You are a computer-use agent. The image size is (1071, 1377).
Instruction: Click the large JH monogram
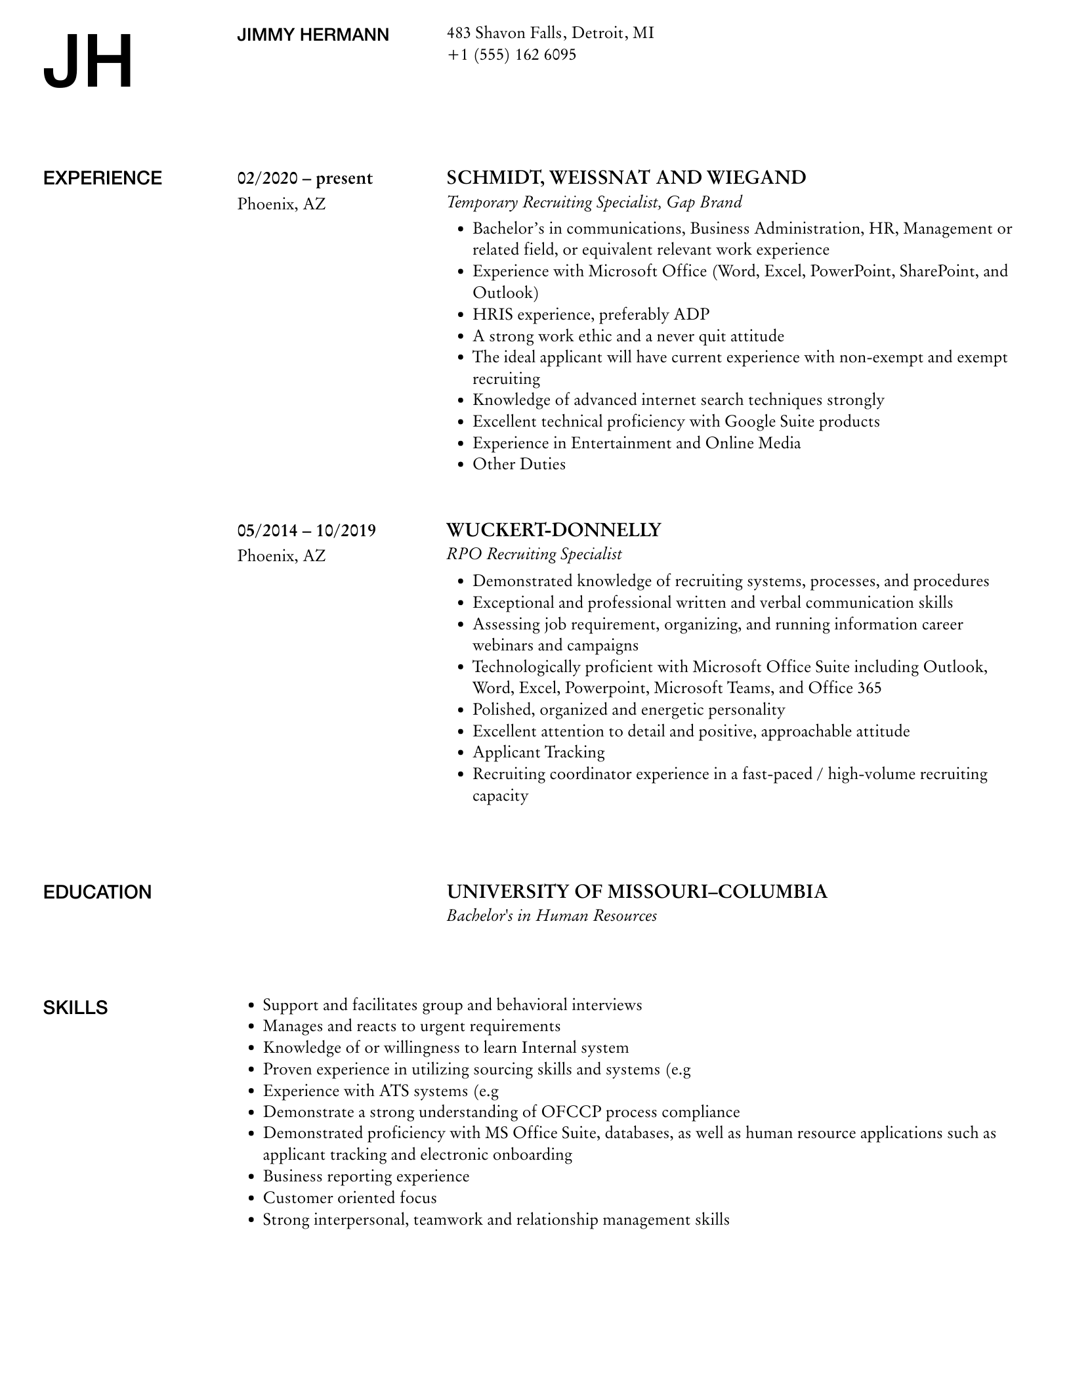pyautogui.click(x=89, y=62)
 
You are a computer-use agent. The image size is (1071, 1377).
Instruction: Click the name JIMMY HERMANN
pyautogui.click(x=313, y=35)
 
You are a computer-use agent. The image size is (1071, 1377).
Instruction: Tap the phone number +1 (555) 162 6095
pyautogui.click(x=511, y=54)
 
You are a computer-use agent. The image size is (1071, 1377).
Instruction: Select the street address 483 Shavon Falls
pyautogui.click(x=505, y=33)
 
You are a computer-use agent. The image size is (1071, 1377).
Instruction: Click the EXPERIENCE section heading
pyautogui.click(x=102, y=179)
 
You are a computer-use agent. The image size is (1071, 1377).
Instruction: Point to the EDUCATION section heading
pyautogui.click(x=97, y=893)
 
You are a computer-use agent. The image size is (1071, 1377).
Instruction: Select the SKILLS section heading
pyautogui.click(x=75, y=1007)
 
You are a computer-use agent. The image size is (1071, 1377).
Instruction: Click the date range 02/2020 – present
pyautogui.click(x=304, y=179)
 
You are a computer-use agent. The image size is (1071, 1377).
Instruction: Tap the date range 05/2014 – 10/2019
pyautogui.click(x=306, y=530)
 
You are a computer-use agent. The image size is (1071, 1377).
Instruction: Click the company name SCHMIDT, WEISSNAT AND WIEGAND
pyautogui.click(x=626, y=178)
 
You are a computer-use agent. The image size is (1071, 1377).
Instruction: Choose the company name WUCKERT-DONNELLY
pyautogui.click(x=553, y=530)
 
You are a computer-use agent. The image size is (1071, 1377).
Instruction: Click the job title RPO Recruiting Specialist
pyautogui.click(x=534, y=554)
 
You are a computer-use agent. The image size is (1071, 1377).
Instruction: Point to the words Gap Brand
pyautogui.click(x=704, y=202)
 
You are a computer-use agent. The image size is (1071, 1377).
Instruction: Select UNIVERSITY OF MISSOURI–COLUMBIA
pyautogui.click(x=637, y=891)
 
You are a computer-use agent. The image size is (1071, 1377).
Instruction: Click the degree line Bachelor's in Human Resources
pyautogui.click(x=551, y=916)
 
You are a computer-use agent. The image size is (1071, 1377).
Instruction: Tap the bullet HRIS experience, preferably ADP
pyautogui.click(x=591, y=314)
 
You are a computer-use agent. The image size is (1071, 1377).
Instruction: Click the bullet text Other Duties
pyautogui.click(x=518, y=464)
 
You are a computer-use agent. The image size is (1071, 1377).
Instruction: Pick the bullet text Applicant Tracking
pyautogui.click(x=538, y=752)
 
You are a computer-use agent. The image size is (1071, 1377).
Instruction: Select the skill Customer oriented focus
pyautogui.click(x=350, y=1198)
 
